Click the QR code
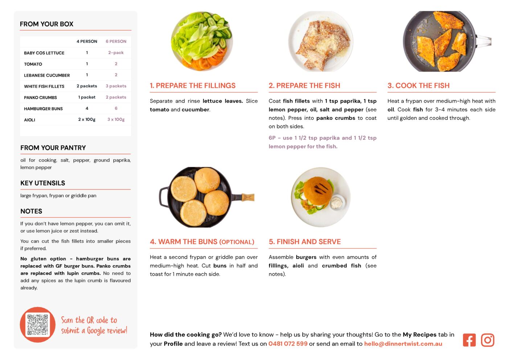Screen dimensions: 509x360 coord(38,324)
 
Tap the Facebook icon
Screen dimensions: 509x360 coord(469,340)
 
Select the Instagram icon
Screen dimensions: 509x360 coord(488,340)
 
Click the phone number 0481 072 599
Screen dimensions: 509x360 coord(288,344)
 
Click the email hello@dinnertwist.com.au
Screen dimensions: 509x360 coord(403,344)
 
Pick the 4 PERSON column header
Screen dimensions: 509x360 coord(87,41)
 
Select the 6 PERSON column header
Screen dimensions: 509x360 coord(116,41)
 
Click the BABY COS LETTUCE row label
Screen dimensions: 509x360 coord(44,53)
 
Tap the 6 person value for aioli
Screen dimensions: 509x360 coord(116,119)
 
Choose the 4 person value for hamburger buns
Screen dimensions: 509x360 coord(87,109)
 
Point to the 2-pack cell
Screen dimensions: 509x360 coord(116,53)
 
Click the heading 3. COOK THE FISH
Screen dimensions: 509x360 coord(419,85)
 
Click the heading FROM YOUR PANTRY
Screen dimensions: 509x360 coord(53,148)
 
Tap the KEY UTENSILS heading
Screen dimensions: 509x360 coord(43,183)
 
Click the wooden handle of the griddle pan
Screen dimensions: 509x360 coord(248,197)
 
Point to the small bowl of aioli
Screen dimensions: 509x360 coord(337,202)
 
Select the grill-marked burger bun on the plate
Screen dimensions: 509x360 coord(317,191)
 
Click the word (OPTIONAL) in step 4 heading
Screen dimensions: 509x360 coord(237,242)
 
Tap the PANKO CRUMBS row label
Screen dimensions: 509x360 coord(40,98)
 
